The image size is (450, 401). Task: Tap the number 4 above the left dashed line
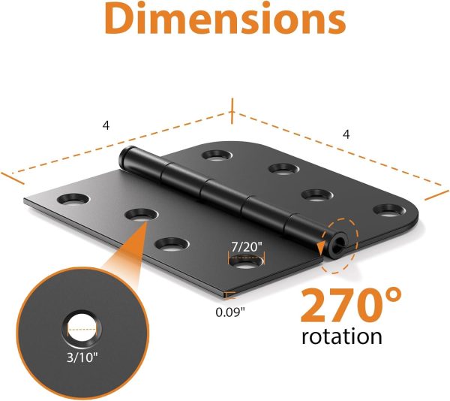(x=106, y=125)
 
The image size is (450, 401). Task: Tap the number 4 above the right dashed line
(x=346, y=134)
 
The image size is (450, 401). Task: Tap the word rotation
(x=341, y=336)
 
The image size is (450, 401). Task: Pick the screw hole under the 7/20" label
(x=244, y=263)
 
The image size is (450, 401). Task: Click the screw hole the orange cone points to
(x=138, y=216)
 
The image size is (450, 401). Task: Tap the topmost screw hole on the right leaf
(x=215, y=156)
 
